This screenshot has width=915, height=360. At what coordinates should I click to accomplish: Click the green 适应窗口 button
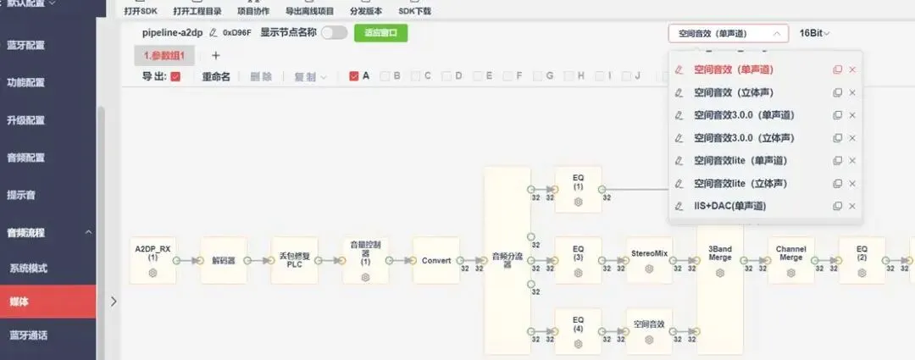coord(380,33)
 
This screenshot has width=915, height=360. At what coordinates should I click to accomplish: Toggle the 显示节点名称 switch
coord(334,33)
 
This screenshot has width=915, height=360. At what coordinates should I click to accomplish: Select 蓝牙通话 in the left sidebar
coord(28,335)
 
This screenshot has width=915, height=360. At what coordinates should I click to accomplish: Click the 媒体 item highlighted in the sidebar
coord(19,302)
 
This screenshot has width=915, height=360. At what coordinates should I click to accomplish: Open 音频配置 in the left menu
coord(25,158)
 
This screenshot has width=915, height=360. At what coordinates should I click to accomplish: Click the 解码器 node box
coord(224,260)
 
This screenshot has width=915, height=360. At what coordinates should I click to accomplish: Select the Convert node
coord(435,260)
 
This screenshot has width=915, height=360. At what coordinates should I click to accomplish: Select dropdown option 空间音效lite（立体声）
coord(740,183)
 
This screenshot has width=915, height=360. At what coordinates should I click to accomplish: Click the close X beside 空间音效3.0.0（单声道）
coord(852,114)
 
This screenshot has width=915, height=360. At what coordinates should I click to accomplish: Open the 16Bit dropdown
coord(814,33)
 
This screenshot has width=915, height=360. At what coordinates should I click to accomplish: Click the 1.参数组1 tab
coord(164,55)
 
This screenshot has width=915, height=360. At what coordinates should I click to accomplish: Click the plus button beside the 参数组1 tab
coord(215,55)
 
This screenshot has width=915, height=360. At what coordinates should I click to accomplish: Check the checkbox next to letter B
coord(385,76)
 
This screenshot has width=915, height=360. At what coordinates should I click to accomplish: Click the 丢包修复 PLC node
coord(294,260)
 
